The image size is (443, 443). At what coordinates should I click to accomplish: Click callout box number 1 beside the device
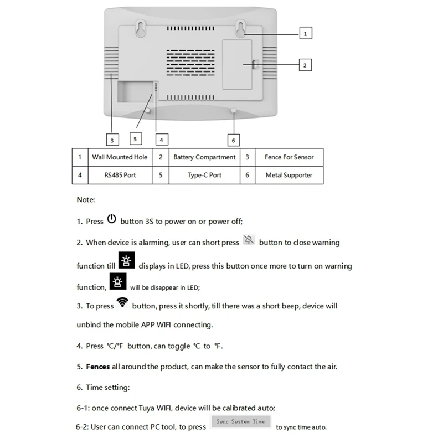(x=306, y=33)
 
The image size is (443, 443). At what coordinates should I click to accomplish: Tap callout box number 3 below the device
(x=112, y=140)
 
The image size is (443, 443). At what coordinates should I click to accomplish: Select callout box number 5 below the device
(x=135, y=139)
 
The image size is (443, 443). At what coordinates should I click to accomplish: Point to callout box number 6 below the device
(x=233, y=140)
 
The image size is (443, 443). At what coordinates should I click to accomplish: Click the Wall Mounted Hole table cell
(x=120, y=157)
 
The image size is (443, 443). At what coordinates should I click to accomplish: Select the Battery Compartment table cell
(x=204, y=157)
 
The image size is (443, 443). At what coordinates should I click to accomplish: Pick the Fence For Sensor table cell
(x=289, y=157)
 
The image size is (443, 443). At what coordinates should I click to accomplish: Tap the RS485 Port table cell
(x=120, y=175)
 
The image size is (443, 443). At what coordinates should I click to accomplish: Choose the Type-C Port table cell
(x=204, y=175)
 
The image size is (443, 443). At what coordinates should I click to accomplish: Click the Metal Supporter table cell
(x=289, y=175)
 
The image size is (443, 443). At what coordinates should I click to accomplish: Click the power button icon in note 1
(x=112, y=219)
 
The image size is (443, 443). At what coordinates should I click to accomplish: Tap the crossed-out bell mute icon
(x=249, y=241)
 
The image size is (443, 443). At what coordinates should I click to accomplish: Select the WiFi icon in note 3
(x=122, y=303)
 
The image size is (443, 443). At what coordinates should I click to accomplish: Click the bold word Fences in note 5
(x=98, y=367)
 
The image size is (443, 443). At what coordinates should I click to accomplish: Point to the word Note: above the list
(x=86, y=200)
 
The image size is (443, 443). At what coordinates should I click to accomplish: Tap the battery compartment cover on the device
(x=239, y=64)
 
